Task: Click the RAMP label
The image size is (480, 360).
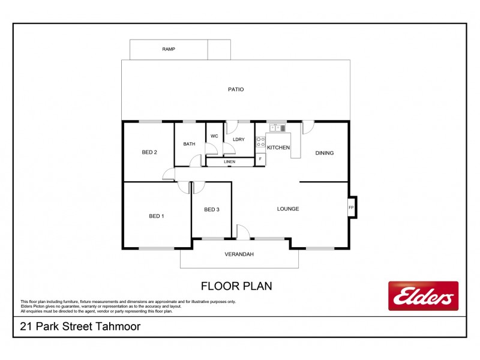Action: [169, 49]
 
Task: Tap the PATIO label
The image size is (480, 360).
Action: [236, 89]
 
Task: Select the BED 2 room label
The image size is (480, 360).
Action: [149, 152]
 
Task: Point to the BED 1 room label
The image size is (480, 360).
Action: [157, 216]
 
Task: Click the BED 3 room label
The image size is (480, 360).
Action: [212, 209]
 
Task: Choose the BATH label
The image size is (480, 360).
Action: [190, 144]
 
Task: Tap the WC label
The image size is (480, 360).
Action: [214, 136]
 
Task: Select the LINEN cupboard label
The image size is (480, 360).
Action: [229, 162]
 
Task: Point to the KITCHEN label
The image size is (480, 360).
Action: [278, 148]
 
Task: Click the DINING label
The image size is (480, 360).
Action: [325, 153]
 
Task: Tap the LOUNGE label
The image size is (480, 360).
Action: [288, 209]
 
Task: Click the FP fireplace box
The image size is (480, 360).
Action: [352, 208]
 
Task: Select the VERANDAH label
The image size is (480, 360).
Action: [239, 254]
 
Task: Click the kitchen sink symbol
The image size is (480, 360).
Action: [278, 127]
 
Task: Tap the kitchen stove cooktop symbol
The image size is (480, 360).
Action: [261, 143]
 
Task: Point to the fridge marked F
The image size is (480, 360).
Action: [260, 159]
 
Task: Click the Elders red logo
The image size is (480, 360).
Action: [423, 296]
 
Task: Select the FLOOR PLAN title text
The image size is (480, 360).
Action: [236, 286]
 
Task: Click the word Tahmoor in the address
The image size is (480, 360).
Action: [119, 327]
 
